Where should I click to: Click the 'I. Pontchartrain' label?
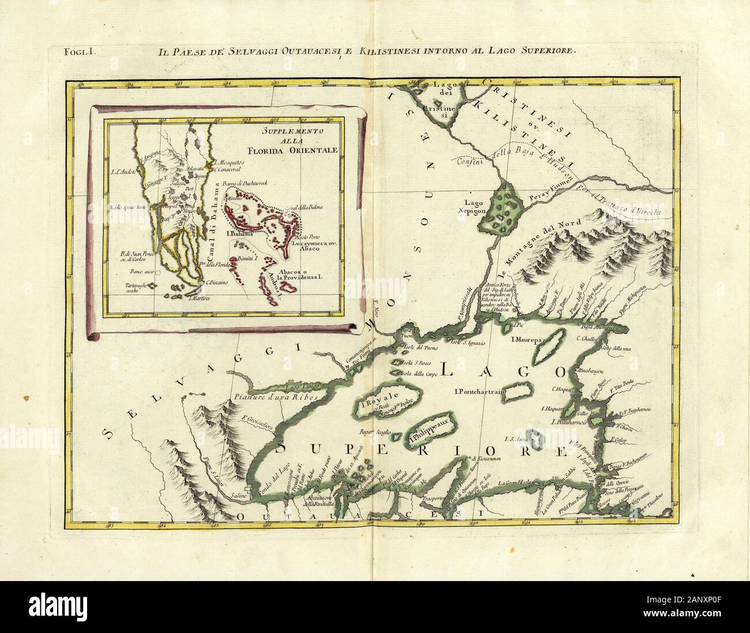pos(480,392)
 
